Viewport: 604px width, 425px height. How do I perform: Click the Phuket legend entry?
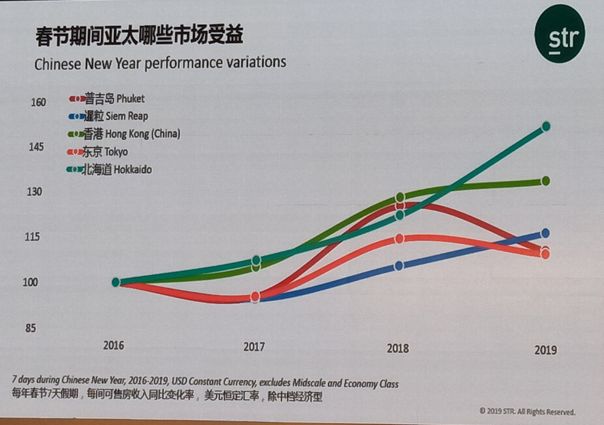point(108,98)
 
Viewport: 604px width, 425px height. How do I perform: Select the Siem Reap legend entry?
point(109,116)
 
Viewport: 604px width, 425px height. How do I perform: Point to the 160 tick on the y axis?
point(38,102)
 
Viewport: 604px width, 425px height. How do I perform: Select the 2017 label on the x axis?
point(253,346)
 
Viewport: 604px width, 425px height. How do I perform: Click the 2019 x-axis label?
point(545,350)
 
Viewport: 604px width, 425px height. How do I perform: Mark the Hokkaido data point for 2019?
point(546,127)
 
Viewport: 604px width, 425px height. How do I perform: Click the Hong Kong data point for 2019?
point(546,181)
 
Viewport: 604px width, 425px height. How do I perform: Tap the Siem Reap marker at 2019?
point(545,233)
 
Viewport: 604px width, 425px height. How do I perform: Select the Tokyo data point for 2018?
point(399,239)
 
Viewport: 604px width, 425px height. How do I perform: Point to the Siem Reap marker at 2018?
point(399,265)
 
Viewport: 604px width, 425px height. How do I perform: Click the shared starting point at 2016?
point(116,282)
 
